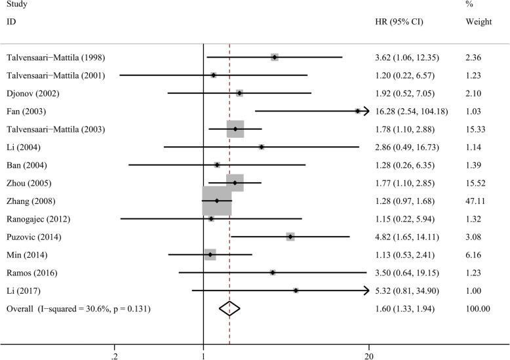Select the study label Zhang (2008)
31,201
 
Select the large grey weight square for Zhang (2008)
217,201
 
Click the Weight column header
478,22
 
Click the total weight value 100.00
477,308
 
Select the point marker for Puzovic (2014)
290,236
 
